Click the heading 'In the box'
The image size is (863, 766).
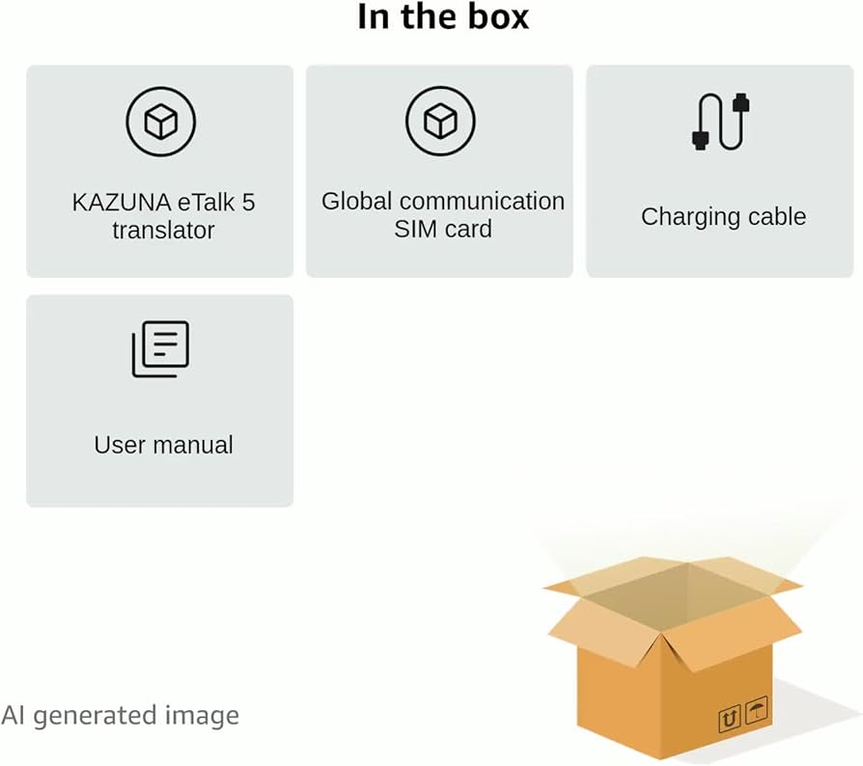[x=443, y=16]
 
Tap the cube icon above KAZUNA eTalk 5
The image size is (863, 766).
[x=160, y=122]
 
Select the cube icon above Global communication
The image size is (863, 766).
[x=440, y=122]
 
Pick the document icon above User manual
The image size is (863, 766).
[x=160, y=348]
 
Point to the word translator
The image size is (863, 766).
[x=163, y=231]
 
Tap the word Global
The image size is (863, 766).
[x=357, y=202]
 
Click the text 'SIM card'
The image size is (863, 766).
[x=443, y=230]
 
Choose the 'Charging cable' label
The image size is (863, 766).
[x=723, y=216]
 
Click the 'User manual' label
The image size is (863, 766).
[x=163, y=445]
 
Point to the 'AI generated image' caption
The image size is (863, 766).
[x=120, y=716]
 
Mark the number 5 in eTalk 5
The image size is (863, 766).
[x=248, y=204]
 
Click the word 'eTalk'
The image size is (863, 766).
[x=204, y=204]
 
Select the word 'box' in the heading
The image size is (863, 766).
[x=496, y=16]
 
